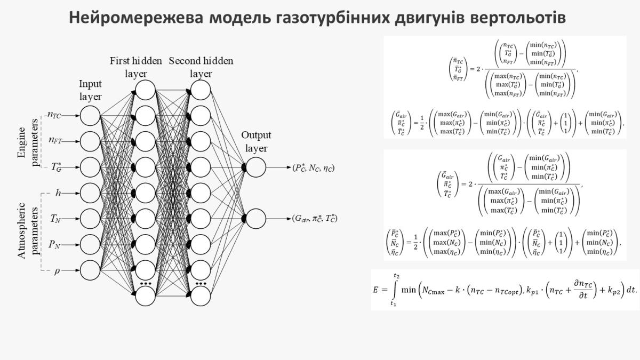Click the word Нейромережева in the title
[135, 18]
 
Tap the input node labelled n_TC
[90, 115]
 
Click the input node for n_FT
[90, 141]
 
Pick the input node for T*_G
[90, 167]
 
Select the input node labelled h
[90, 193]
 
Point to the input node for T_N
[90, 218]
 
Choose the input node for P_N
[90, 244]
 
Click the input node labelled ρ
[90, 270]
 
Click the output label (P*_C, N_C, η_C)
[314, 167]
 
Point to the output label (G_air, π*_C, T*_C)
[315, 218]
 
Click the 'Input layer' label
[90, 90]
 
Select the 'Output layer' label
[256, 142]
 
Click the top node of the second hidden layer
[201, 90]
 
